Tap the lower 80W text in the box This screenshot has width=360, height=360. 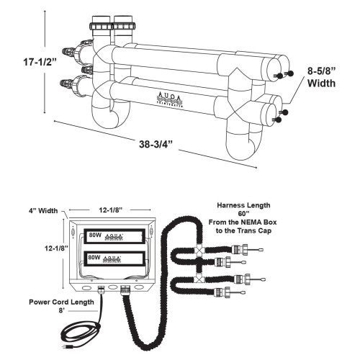tap(94, 256)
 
